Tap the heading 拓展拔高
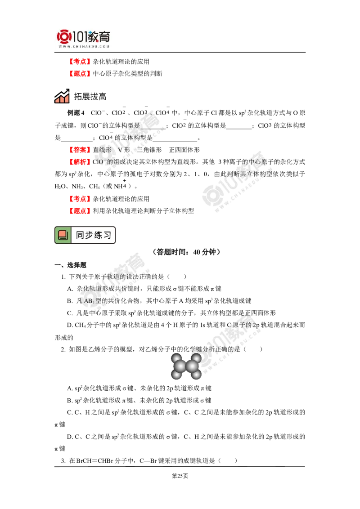[x=90, y=97]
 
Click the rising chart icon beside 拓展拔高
[x=62, y=96]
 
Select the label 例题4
[x=76, y=113]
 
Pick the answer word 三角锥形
[x=149, y=150]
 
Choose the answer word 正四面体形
[x=184, y=150]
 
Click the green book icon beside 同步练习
[x=63, y=235]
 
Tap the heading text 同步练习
[x=94, y=235]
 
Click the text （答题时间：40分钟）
[x=186, y=252]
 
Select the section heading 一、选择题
[x=70, y=265]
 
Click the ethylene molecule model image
[x=186, y=366]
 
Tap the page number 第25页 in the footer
[x=180, y=476]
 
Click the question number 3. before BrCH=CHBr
[x=63, y=460]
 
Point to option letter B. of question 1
[x=70, y=301]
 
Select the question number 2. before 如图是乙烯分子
[x=63, y=349]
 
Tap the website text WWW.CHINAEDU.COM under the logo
[x=84, y=46]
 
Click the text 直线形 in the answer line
[x=102, y=150]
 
